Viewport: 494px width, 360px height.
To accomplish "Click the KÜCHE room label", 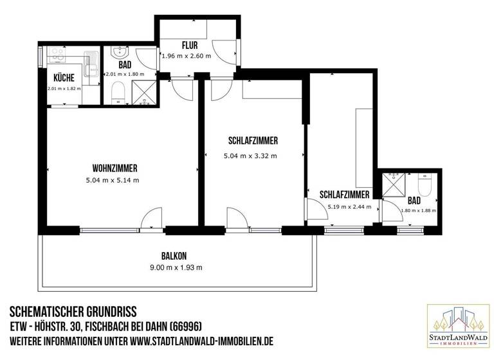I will pyautogui.click(x=63, y=77).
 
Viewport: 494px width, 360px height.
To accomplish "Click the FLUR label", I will pyautogui.click(x=188, y=46).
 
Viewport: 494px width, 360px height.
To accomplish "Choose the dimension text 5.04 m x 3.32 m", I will pyautogui.click(x=250, y=156).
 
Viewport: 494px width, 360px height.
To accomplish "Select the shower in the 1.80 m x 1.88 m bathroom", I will pyautogui.click(x=393, y=184).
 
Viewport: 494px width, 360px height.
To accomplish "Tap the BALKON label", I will pyautogui.click(x=175, y=256).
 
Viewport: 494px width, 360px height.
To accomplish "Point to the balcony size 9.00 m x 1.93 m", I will pyautogui.click(x=175, y=267).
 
